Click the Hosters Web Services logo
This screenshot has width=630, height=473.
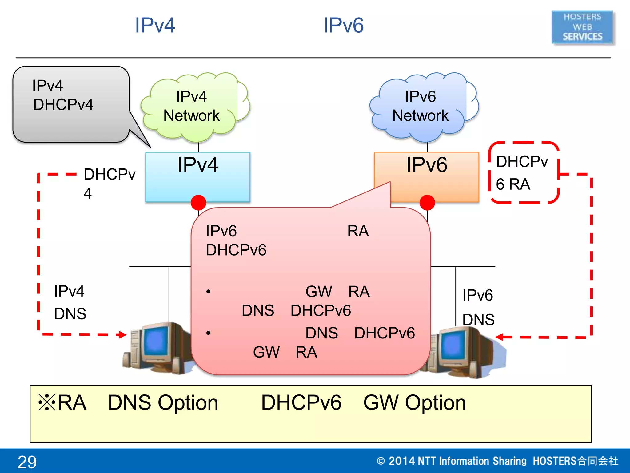(x=582, y=27)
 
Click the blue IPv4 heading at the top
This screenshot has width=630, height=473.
(x=155, y=25)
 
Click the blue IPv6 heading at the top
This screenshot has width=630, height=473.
(x=343, y=25)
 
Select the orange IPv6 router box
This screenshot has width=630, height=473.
(x=426, y=172)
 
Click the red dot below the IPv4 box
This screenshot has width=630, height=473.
(x=198, y=203)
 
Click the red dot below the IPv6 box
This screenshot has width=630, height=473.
(x=427, y=203)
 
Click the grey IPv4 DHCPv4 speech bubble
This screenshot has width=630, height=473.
(x=71, y=104)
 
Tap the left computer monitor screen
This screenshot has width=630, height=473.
(x=156, y=342)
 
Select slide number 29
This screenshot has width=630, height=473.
(x=27, y=462)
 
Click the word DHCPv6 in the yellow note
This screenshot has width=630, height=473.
(x=301, y=402)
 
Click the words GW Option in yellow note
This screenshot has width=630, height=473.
(x=414, y=402)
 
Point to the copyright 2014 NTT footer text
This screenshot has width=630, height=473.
(x=497, y=461)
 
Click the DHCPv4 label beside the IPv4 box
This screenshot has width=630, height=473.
(x=109, y=183)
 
